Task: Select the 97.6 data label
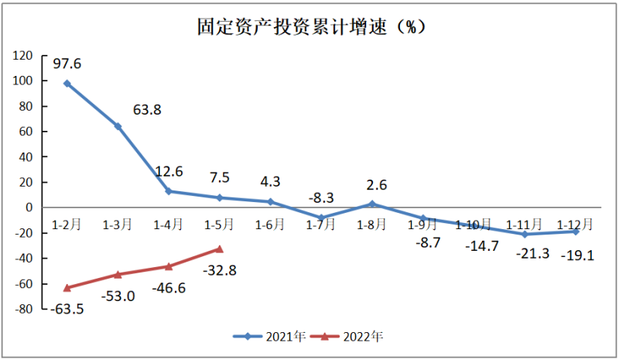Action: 67,63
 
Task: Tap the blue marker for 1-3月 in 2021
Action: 118,126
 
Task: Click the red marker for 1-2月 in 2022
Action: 67,288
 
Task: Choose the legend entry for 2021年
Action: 270,337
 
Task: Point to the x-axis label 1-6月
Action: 270,225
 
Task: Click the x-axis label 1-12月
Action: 575,225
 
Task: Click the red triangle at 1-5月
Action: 219,249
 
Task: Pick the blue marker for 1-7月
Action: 321,218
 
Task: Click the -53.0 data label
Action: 118,296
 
